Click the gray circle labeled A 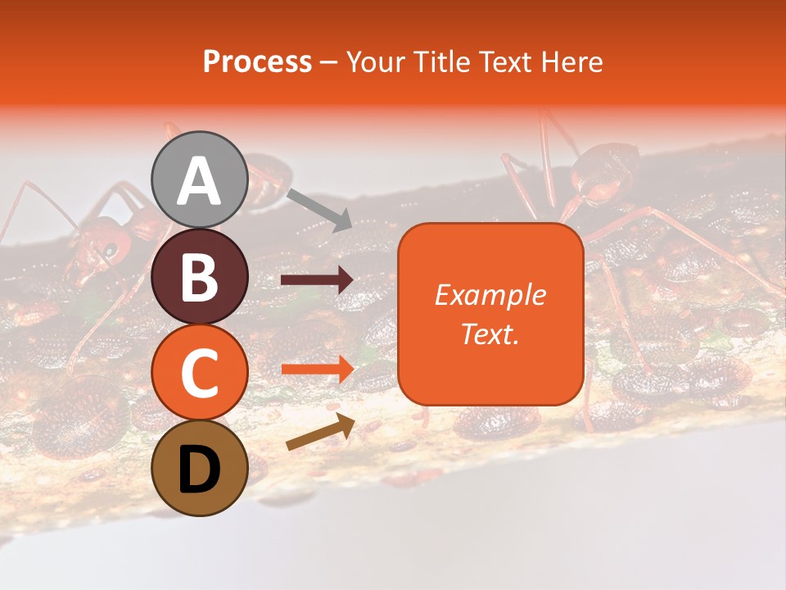click(200, 179)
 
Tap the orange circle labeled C click(200, 372)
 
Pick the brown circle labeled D click(200, 468)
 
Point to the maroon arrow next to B click(317, 281)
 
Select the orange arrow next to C click(317, 370)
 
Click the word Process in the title click(257, 62)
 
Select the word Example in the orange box click(490, 295)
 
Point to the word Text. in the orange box click(490, 334)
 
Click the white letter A click(200, 181)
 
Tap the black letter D click(200, 469)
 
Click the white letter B click(200, 277)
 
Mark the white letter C click(200, 373)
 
